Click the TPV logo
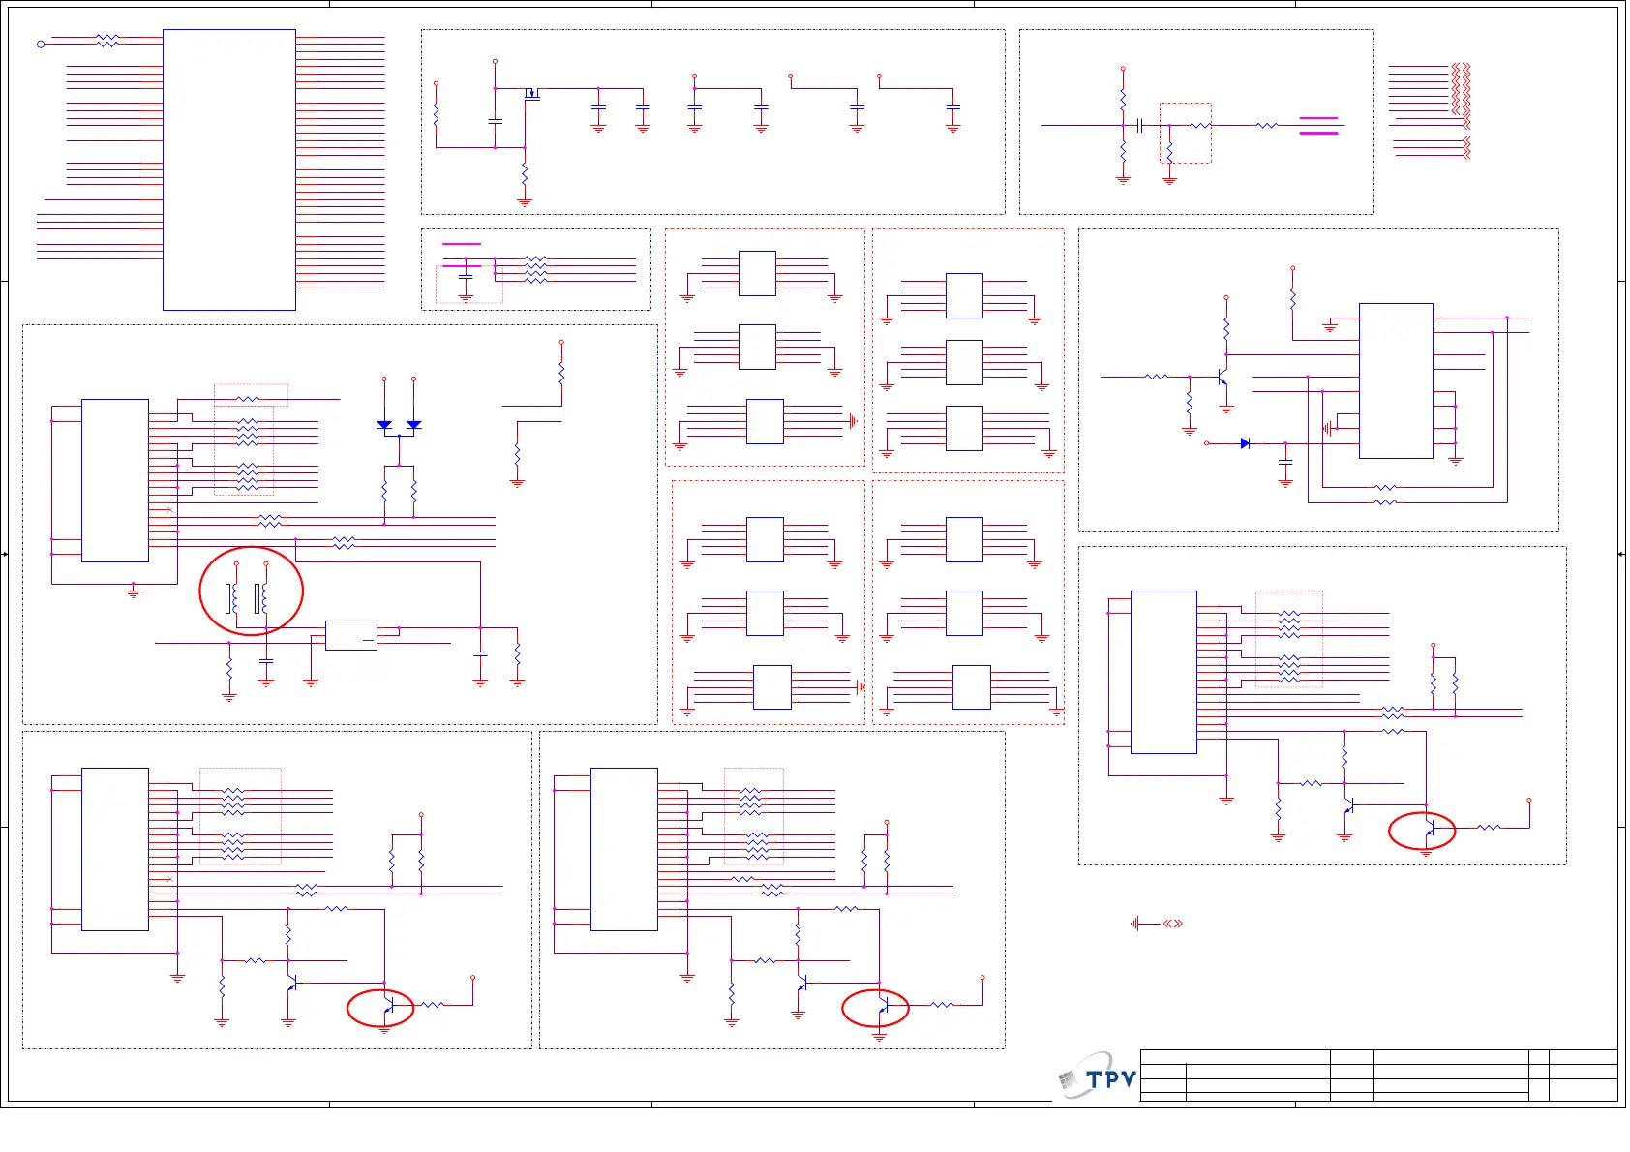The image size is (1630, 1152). click(x=1099, y=1077)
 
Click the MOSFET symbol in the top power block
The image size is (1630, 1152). click(x=531, y=94)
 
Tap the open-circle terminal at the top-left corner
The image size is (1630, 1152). click(x=41, y=44)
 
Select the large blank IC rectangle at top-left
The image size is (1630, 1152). click(x=229, y=169)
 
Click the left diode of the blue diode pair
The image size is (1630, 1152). click(x=384, y=424)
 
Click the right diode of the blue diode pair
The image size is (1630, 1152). click(x=413, y=424)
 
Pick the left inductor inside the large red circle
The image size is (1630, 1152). click(x=232, y=598)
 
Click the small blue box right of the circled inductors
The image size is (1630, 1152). click(x=351, y=635)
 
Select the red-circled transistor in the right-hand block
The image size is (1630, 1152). click(x=1427, y=830)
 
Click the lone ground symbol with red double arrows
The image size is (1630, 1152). click(x=1136, y=924)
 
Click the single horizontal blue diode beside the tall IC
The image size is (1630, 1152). click(x=1245, y=443)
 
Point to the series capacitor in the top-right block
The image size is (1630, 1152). click(x=1140, y=125)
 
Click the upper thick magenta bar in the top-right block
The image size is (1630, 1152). click(x=1318, y=118)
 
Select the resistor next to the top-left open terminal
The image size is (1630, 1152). click(x=107, y=41)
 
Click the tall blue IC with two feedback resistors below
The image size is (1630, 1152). click(x=1396, y=380)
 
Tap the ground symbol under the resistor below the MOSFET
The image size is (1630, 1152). click(x=525, y=202)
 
